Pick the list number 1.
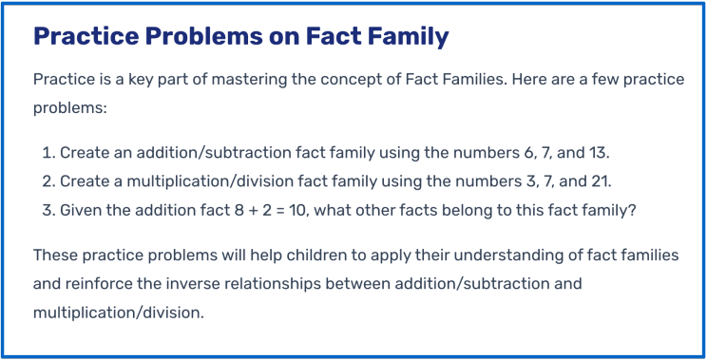click(x=48, y=153)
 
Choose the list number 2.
click(x=48, y=181)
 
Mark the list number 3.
click(x=48, y=210)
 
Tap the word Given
click(x=83, y=210)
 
